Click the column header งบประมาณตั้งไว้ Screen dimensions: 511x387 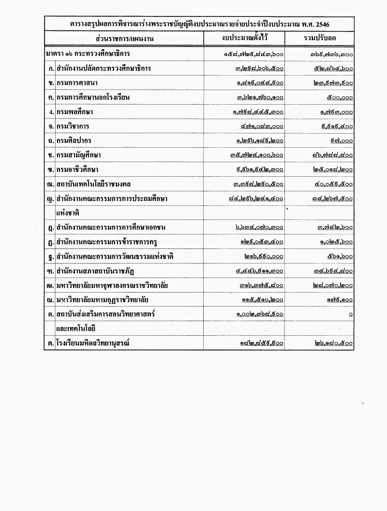[x=244, y=38]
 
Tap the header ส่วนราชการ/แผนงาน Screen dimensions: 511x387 [x=124, y=38]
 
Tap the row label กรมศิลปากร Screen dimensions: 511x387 [x=74, y=140]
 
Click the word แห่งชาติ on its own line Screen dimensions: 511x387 [x=68, y=212]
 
